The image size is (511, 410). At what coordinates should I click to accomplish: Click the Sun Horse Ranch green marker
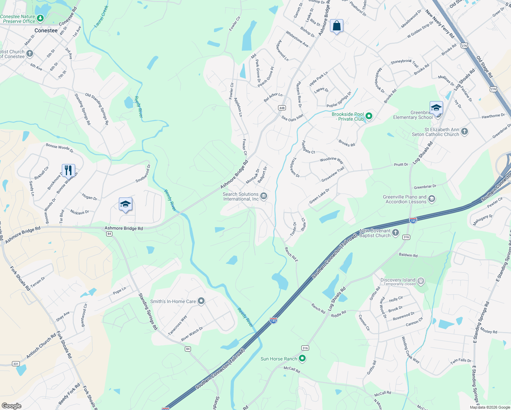[x=302, y=358]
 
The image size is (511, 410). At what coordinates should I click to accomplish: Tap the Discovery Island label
[x=398, y=280]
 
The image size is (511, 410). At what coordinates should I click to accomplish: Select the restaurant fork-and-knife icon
[x=68, y=170]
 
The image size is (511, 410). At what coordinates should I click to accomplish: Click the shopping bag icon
[x=336, y=26]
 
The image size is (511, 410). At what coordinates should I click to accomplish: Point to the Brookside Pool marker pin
[x=369, y=116]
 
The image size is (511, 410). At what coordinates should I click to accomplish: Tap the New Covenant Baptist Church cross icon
[x=395, y=233]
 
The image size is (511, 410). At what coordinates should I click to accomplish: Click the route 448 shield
[x=282, y=108]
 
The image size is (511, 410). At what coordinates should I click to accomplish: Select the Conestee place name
[x=46, y=30]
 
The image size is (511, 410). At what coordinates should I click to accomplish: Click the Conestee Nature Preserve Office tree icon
[x=40, y=18]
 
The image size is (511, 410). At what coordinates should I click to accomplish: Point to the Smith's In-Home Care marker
[x=201, y=301]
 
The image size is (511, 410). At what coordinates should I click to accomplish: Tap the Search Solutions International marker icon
[x=264, y=196]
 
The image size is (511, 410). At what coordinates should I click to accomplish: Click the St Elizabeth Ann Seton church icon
[x=464, y=131]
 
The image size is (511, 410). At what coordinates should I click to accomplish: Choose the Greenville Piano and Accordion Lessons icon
[x=432, y=199]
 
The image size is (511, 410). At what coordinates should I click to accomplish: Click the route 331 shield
[x=16, y=364]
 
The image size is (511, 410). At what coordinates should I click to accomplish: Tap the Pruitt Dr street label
[x=401, y=165]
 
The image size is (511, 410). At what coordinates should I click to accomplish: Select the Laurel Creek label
[x=101, y=16]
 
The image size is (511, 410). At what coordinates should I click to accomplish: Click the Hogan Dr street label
[x=89, y=197]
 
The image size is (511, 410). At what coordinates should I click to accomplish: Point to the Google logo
[x=11, y=406]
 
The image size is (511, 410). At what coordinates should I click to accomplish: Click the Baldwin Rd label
[x=408, y=255]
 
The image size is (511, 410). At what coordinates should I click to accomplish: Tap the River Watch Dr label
[x=192, y=334]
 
